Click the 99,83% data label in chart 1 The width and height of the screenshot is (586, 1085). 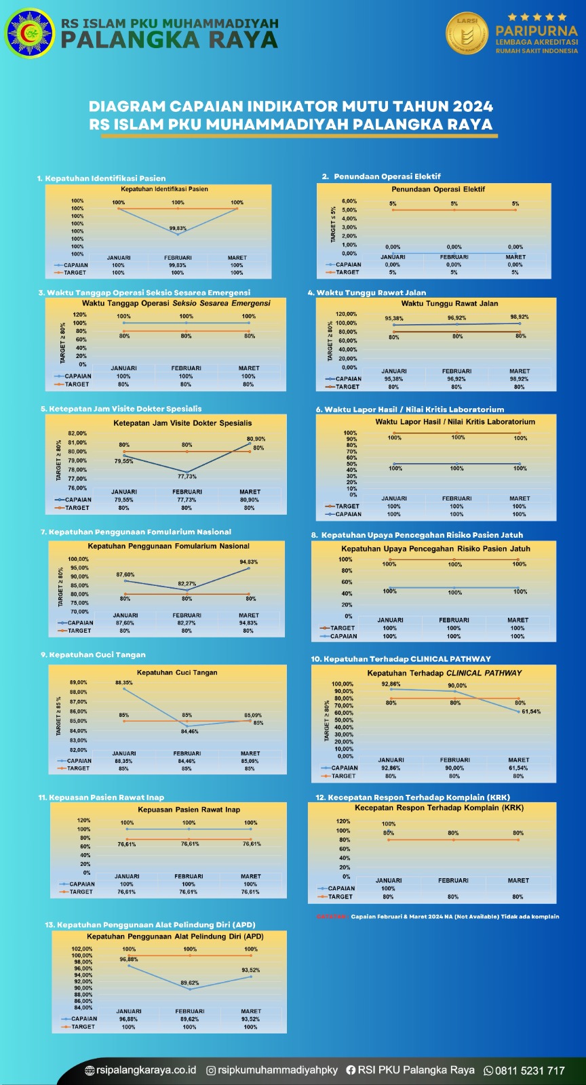(178, 229)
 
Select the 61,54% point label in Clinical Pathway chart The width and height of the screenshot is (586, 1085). (531, 711)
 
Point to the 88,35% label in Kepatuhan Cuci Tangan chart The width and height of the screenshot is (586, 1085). (124, 683)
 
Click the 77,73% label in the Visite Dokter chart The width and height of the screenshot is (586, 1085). (187, 477)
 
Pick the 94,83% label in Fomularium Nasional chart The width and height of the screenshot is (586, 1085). (248, 562)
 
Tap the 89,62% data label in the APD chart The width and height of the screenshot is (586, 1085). (190, 983)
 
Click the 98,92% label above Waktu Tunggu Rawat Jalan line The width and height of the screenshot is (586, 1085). (520, 317)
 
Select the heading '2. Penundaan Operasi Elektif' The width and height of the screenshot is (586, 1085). (381, 176)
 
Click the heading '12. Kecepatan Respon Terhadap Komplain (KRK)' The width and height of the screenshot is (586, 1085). (412, 797)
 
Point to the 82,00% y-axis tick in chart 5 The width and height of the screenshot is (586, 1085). (77, 433)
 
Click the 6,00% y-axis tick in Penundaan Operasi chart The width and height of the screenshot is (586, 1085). (349, 201)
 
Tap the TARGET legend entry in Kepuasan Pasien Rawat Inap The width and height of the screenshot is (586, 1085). (81, 892)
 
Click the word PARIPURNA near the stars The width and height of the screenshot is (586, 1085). (536, 31)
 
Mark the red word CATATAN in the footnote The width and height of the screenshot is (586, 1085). (332, 917)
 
